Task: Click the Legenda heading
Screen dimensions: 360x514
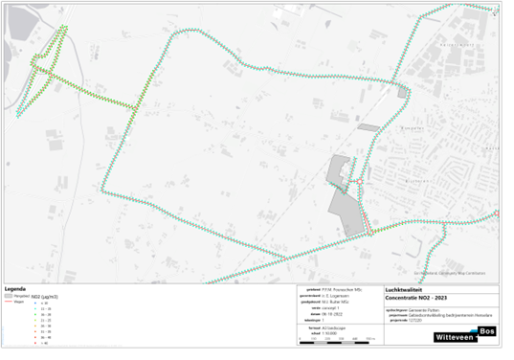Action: click(14, 288)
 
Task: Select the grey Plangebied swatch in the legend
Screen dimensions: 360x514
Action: click(11, 295)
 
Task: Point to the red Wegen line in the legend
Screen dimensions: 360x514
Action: click(11, 301)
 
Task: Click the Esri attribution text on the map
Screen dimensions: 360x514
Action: click(445, 272)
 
